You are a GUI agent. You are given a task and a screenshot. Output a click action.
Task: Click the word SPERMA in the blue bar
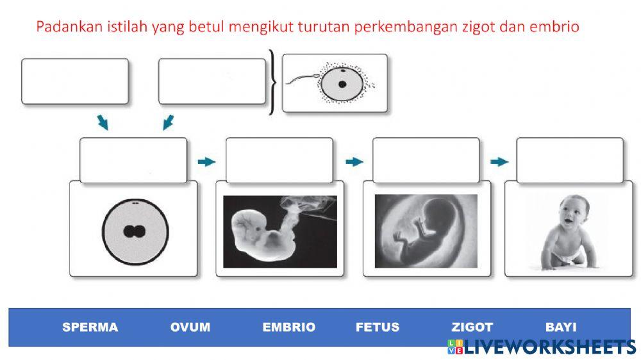coord(90,327)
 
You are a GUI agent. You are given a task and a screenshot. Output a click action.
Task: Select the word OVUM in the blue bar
coord(190,327)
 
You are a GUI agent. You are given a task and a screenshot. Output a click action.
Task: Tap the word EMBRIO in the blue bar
coord(288,327)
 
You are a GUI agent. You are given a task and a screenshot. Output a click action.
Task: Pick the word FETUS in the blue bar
coord(377,327)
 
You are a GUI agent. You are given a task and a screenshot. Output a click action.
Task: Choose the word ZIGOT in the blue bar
coord(472,327)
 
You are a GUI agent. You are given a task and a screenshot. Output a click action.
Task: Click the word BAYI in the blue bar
coord(561,327)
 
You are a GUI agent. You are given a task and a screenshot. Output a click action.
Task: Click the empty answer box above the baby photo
coord(569,160)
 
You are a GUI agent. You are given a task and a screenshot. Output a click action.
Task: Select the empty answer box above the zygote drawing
coord(133,160)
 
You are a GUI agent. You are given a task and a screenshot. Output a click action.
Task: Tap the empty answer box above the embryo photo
coord(279,160)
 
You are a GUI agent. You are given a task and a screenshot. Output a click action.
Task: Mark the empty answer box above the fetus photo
coord(426,160)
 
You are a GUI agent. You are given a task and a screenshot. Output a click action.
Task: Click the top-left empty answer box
coord(74,81)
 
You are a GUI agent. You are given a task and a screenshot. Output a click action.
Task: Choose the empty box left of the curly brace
coord(212,81)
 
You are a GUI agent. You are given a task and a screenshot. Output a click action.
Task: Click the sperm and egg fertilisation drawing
coord(335,83)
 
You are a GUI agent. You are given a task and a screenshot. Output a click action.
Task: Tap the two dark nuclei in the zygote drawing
coord(135,231)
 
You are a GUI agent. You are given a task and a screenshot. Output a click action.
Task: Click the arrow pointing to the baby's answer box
coord(499,162)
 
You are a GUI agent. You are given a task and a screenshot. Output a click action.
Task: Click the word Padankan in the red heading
coord(62,27)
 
